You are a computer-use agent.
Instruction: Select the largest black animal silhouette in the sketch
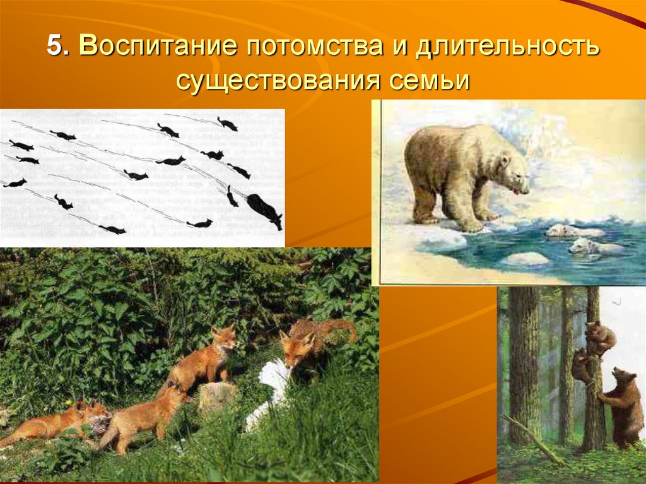coord(264,210)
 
